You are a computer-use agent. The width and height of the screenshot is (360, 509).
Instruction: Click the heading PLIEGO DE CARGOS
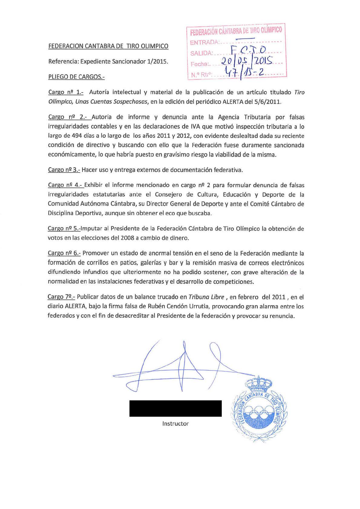click(x=76, y=77)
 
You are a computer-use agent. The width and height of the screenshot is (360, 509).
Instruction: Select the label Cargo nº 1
click(x=66, y=92)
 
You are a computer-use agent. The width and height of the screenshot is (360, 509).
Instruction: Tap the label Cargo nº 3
click(x=64, y=170)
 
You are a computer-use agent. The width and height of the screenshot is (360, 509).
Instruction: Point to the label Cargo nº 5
click(x=64, y=228)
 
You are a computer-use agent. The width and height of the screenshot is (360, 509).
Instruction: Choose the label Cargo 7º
click(x=61, y=297)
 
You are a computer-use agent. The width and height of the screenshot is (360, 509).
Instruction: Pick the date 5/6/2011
click(x=267, y=102)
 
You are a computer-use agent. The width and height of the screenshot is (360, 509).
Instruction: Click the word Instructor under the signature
click(x=175, y=424)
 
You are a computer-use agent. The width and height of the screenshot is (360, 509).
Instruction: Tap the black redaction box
click(x=175, y=408)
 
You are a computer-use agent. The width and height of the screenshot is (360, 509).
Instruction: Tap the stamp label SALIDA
click(x=201, y=54)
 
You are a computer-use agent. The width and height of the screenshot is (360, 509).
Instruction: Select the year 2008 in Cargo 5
click(x=127, y=238)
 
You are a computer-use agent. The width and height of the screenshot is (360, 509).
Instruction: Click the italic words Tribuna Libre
click(x=206, y=297)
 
